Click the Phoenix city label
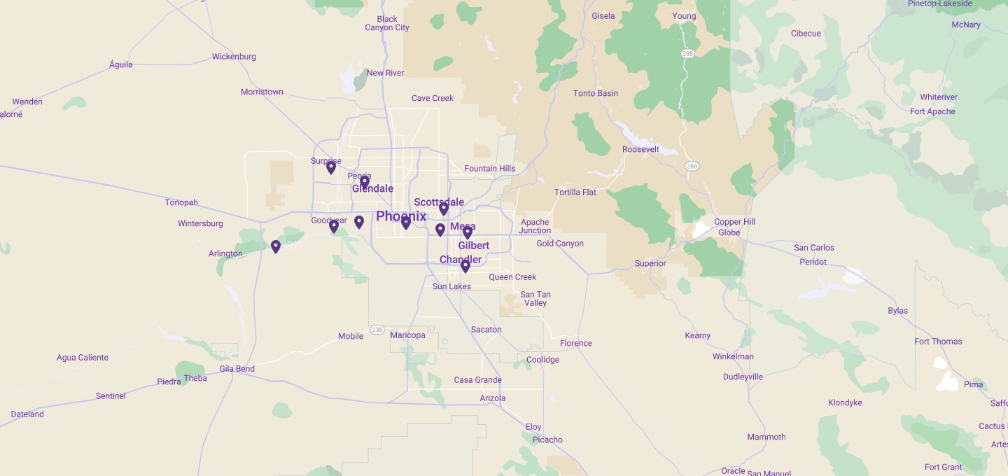pos(401,216)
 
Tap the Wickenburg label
pos(234,57)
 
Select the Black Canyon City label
pos(387,24)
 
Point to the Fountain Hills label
pos(490,169)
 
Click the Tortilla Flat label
pos(575,192)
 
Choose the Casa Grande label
pos(478,380)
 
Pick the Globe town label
pos(729,232)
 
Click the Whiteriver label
pos(939,97)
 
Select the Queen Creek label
pos(512,277)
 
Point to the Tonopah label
pos(181,203)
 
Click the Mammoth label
pos(766,437)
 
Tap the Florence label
pos(576,343)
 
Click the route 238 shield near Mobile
pos(377,330)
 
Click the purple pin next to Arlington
pos(276,246)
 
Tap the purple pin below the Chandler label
pos(465,265)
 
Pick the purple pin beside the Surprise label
pos(331,167)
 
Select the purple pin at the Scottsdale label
pos(444,208)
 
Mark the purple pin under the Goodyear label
pos(334,226)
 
